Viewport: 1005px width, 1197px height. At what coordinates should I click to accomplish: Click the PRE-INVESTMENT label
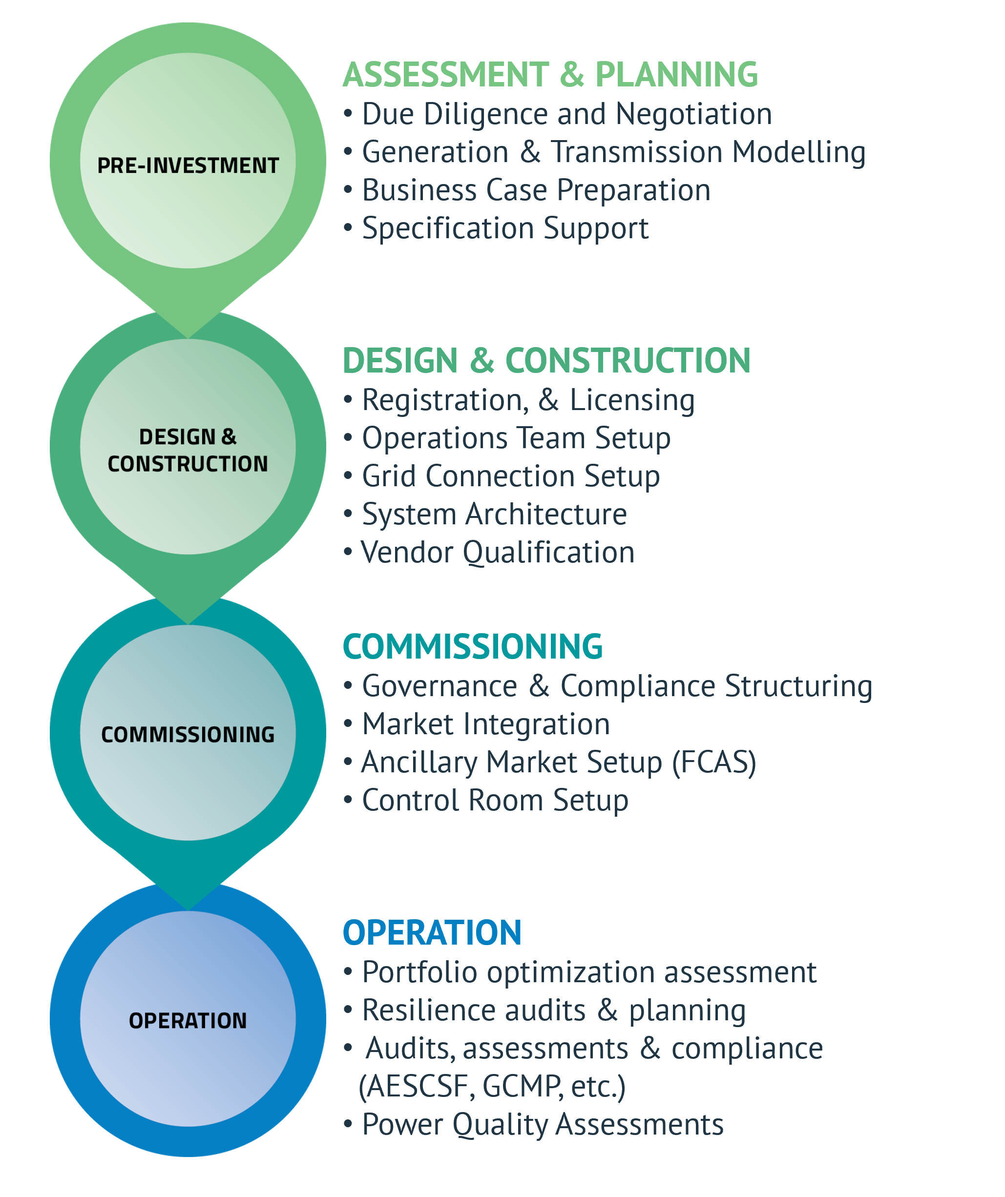tap(188, 166)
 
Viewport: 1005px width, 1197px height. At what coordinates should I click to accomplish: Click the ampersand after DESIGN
tap(229, 437)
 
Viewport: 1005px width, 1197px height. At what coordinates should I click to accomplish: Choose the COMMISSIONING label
tap(188, 735)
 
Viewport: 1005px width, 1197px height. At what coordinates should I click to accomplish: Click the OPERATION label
tap(188, 1020)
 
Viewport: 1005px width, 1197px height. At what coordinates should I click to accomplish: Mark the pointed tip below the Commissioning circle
tap(188, 905)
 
